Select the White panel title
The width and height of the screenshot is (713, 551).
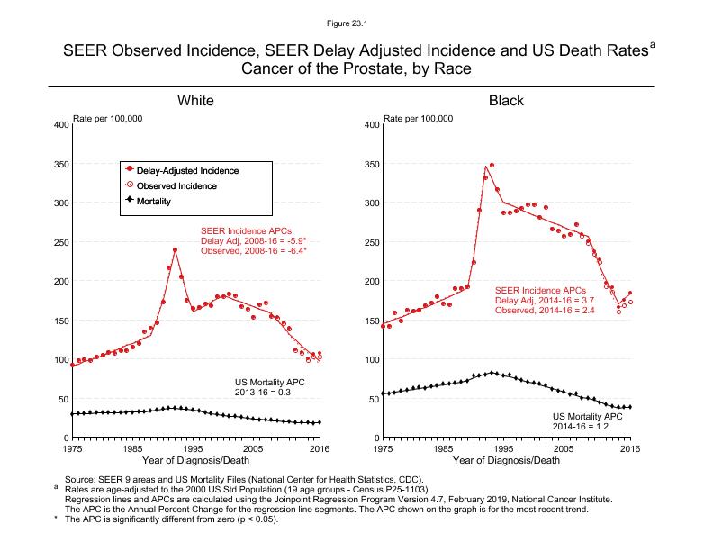point(195,100)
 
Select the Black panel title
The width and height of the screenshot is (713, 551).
point(506,100)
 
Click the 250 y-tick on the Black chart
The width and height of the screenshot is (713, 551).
point(370,242)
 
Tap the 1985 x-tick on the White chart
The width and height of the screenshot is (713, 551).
point(132,447)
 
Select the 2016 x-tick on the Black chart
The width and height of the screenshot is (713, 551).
point(630,447)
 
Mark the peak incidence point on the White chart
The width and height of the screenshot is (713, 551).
point(175,249)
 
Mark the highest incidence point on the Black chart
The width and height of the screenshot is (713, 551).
point(492,166)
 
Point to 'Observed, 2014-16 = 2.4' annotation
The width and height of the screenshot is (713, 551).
point(545,311)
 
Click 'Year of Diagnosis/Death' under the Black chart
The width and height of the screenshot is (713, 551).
point(506,460)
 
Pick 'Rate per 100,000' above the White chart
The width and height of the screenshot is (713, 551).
point(107,119)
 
